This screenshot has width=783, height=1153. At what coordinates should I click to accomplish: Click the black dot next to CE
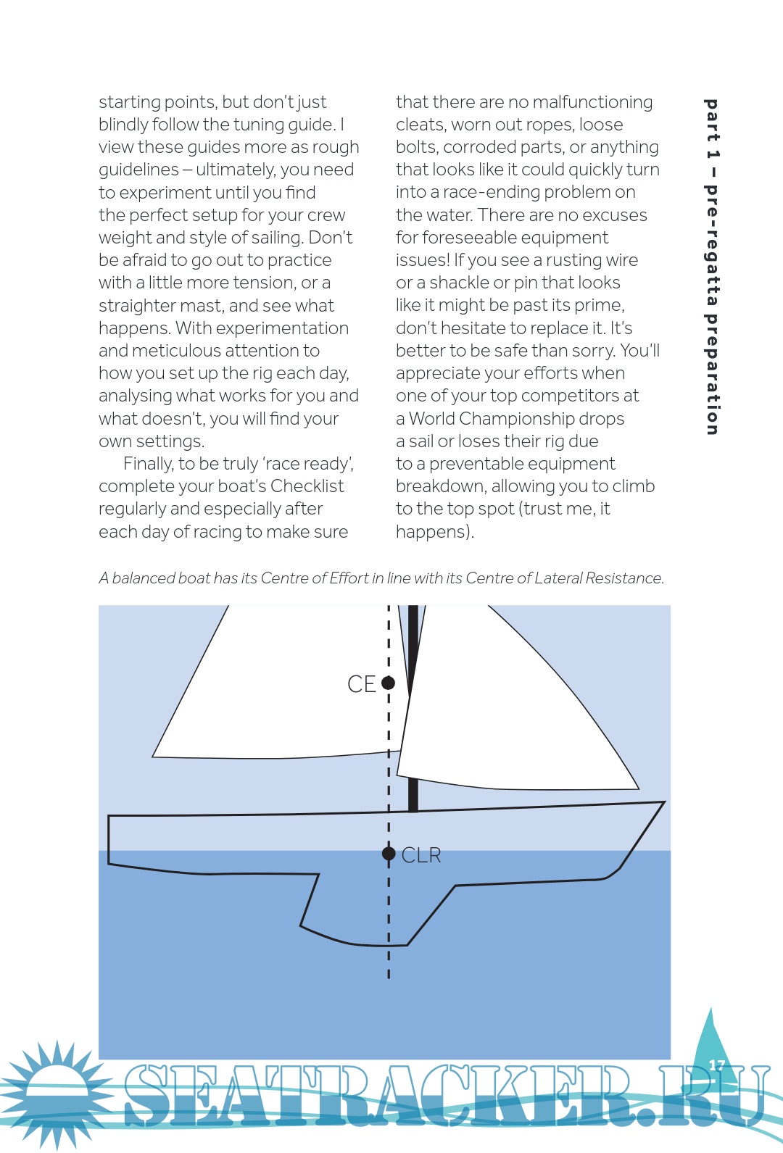pyautogui.click(x=388, y=683)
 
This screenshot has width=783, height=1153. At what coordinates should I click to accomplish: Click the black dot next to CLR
pyautogui.click(x=389, y=854)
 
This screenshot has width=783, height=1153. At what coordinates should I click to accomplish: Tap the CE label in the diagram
pyautogui.click(x=361, y=684)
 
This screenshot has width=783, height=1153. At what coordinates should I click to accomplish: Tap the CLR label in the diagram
pyautogui.click(x=421, y=855)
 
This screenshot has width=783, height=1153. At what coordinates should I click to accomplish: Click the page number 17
pyautogui.click(x=716, y=1065)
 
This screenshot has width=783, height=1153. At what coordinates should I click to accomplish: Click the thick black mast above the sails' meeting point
pyautogui.click(x=413, y=638)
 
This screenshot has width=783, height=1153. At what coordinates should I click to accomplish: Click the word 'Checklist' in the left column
pyautogui.click(x=307, y=486)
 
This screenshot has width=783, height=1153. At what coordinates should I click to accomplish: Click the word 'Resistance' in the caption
pyautogui.click(x=623, y=578)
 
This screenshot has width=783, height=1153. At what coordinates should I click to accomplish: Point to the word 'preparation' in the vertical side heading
pyautogui.click(x=712, y=374)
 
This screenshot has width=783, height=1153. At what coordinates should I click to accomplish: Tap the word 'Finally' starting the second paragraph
pyautogui.click(x=148, y=464)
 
